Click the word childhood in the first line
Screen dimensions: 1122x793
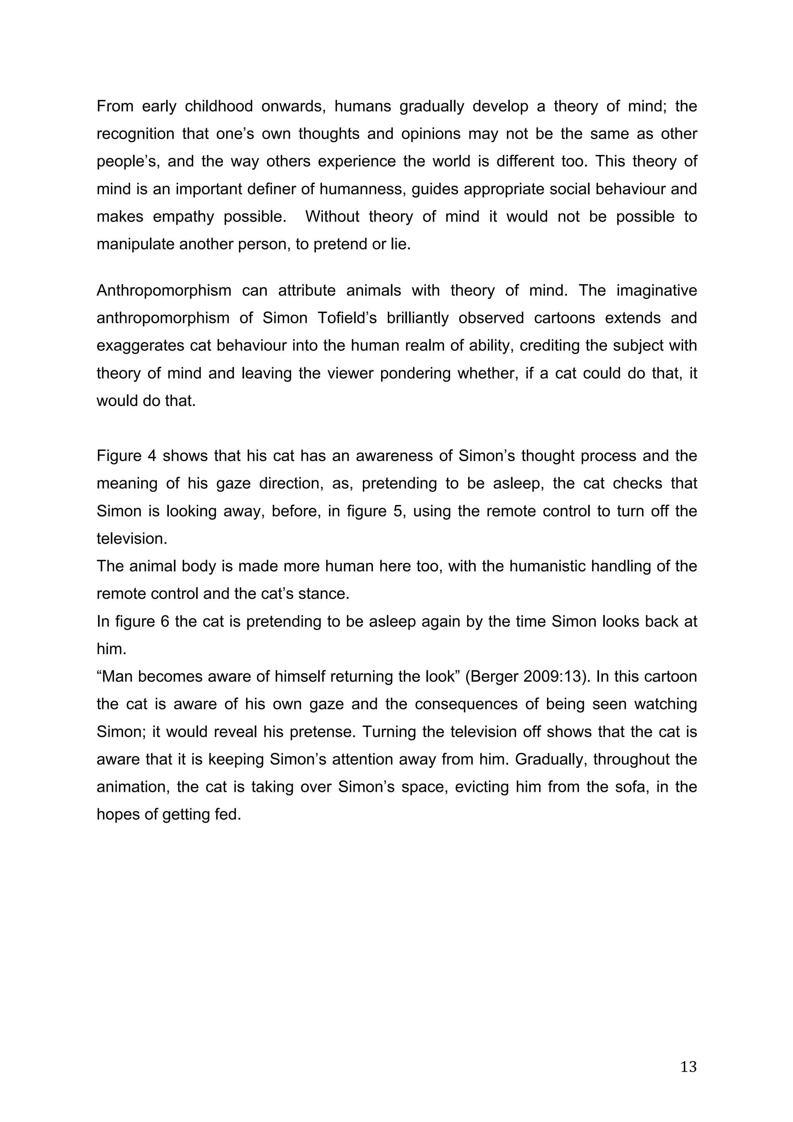tap(218, 107)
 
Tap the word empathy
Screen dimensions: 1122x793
tap(183, 216)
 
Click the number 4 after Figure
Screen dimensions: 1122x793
tap(151, 456)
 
